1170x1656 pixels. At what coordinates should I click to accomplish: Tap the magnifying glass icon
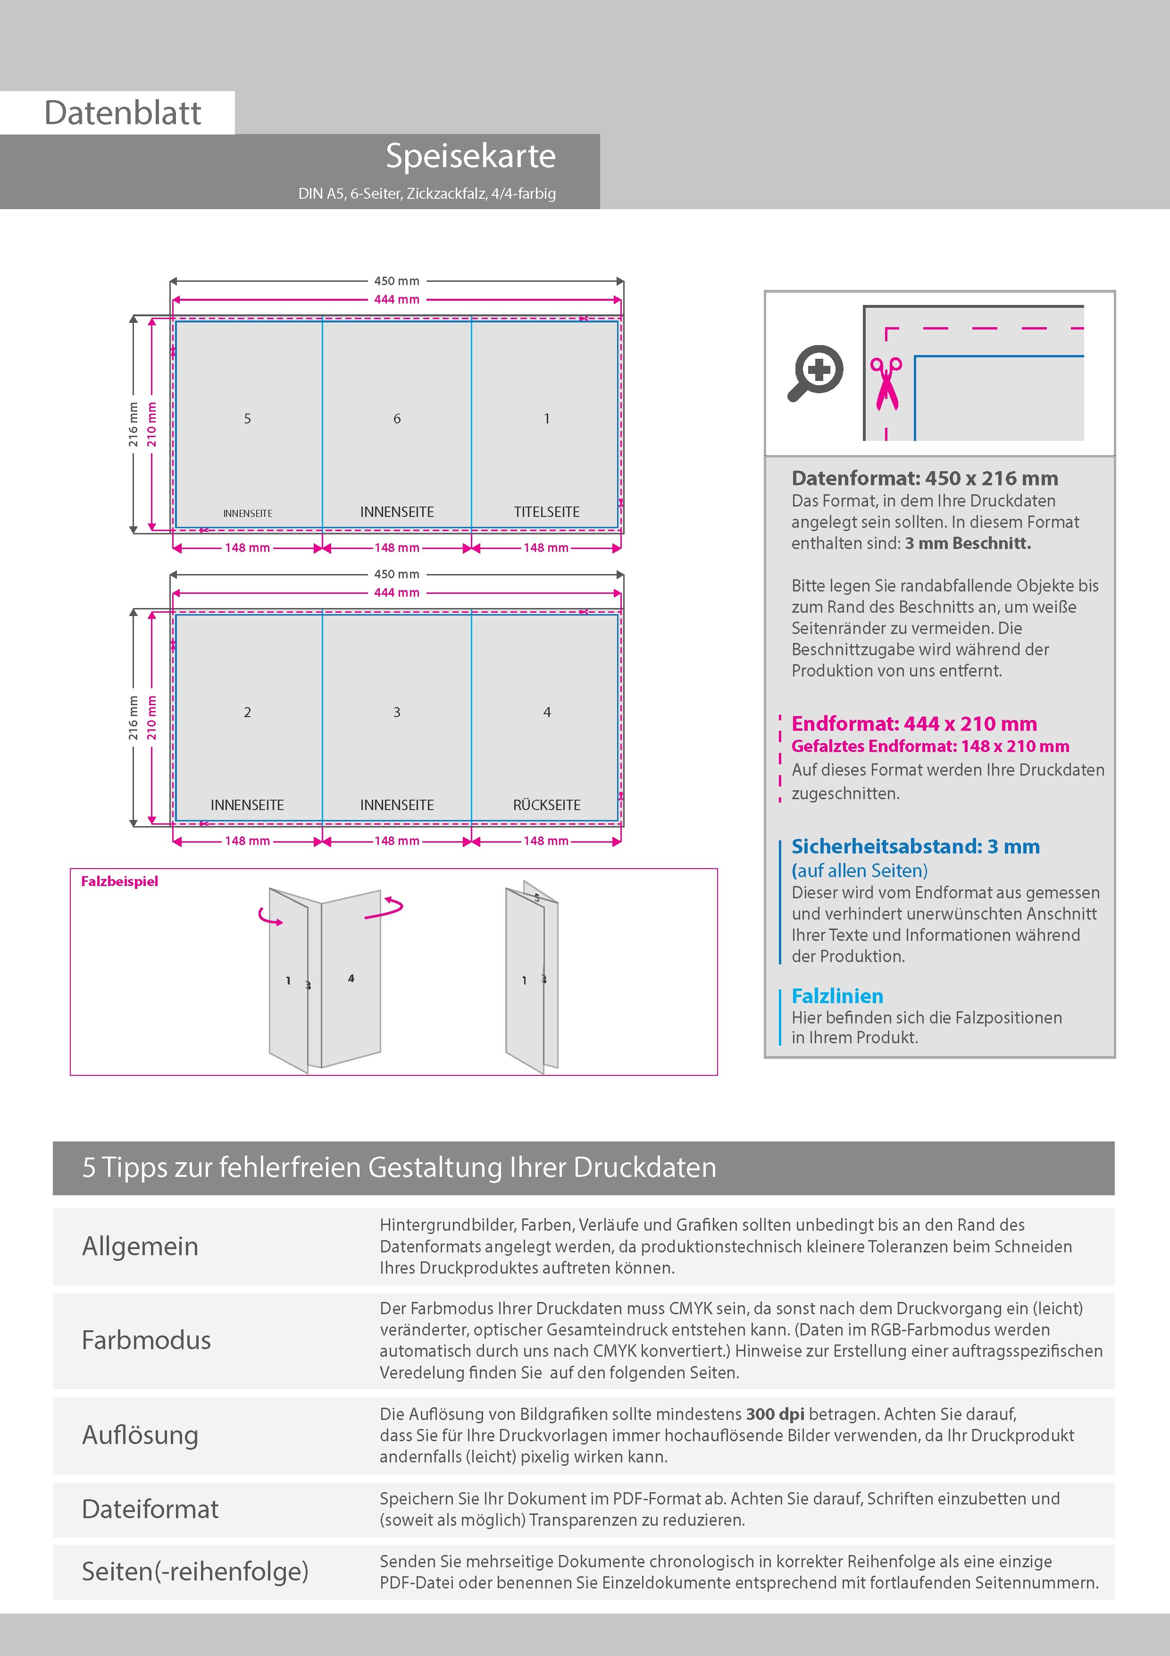tap(815, 372)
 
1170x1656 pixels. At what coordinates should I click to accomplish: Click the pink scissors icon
tap(886, 383)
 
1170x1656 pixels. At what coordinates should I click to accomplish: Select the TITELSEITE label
tap(546, 512)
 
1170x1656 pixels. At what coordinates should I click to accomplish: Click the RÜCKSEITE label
tap(546, 805)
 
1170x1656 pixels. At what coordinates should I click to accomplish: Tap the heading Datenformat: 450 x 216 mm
tap(924, 478)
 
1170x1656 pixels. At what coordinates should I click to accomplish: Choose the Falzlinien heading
tap(837, 996)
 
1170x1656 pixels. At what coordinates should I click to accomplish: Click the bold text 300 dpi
tap(775, 1414)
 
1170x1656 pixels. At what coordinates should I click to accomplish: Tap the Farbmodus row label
tap(146, 1340)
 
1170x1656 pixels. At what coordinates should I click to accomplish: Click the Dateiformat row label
tap(150, 1509)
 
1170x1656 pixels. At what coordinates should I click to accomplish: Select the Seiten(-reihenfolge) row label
tap(195, 1571)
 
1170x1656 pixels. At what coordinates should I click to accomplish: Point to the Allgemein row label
tap(140, 1246)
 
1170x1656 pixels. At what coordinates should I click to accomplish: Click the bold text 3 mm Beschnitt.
tap(968, 543)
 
